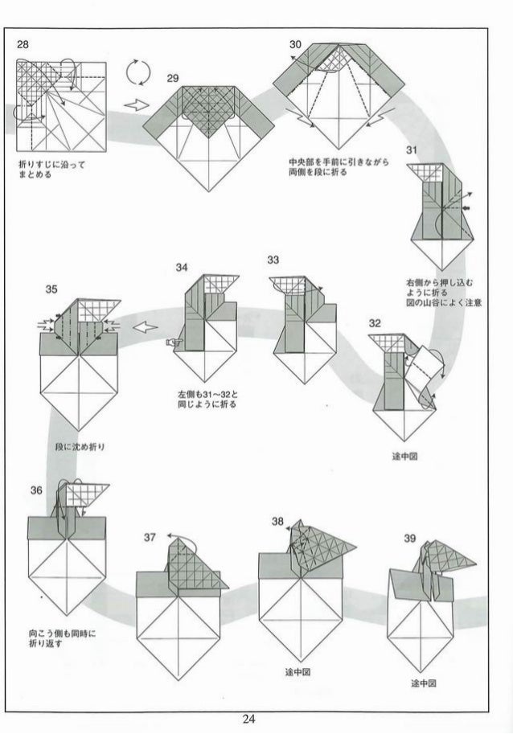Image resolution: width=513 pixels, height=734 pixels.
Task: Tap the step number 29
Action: coord(172,78)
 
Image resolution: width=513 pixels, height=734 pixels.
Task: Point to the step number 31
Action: coord(412,150)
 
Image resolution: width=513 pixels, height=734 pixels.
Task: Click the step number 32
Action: coord(375,322)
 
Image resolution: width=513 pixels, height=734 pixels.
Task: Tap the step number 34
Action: coord(182,267)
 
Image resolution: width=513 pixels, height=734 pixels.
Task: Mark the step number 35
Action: coord(51,289)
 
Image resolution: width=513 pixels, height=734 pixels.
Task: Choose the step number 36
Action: coord(37,490)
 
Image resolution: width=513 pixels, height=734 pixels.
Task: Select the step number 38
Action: coord(277,521)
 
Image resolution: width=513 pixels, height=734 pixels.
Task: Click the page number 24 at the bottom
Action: coord(257,719)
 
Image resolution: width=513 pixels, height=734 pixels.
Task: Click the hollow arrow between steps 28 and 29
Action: coord(137,105)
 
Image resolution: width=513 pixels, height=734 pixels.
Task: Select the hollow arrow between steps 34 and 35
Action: coord(144,326)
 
